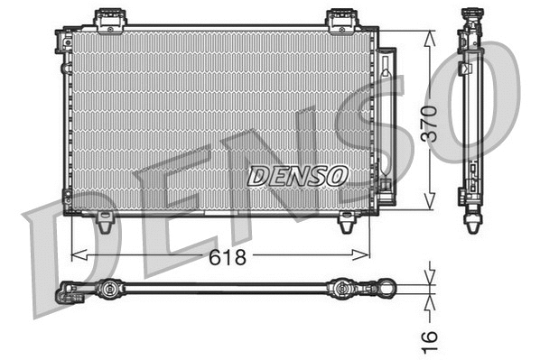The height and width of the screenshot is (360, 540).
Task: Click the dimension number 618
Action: [x=228, y=257]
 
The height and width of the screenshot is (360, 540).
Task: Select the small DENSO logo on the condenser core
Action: [x=296, y=175]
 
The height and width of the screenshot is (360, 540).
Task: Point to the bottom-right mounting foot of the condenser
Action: [x=346, y=221]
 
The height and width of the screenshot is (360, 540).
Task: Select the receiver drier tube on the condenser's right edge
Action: [x=384, y=117]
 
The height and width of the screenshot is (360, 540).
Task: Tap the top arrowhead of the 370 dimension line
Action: [x=431, y=33]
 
